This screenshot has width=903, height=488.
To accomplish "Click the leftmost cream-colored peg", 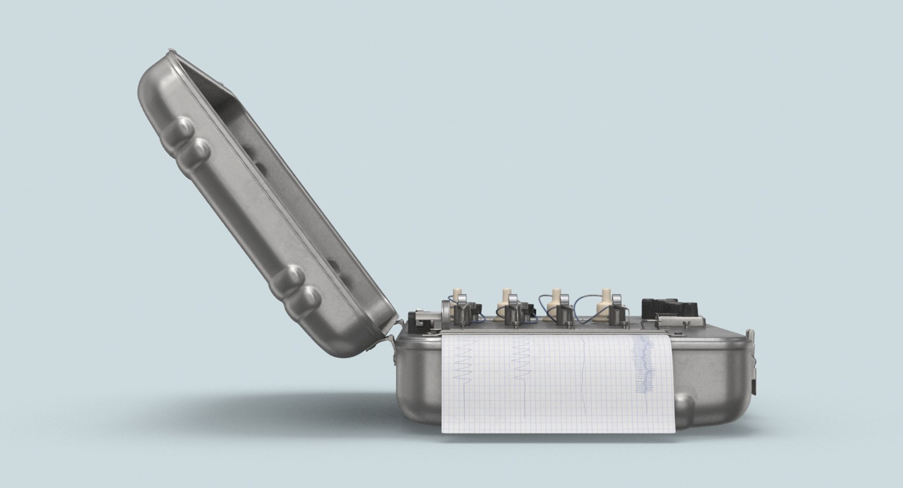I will pyautogui.click(x=456, y=295).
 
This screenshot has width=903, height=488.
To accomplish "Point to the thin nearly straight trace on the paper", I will pyautogui.click(x=585, y=371).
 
